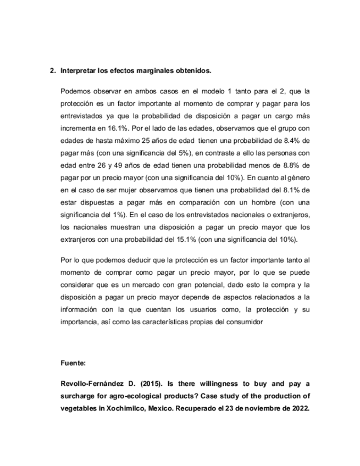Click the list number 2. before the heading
click(53, 71)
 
